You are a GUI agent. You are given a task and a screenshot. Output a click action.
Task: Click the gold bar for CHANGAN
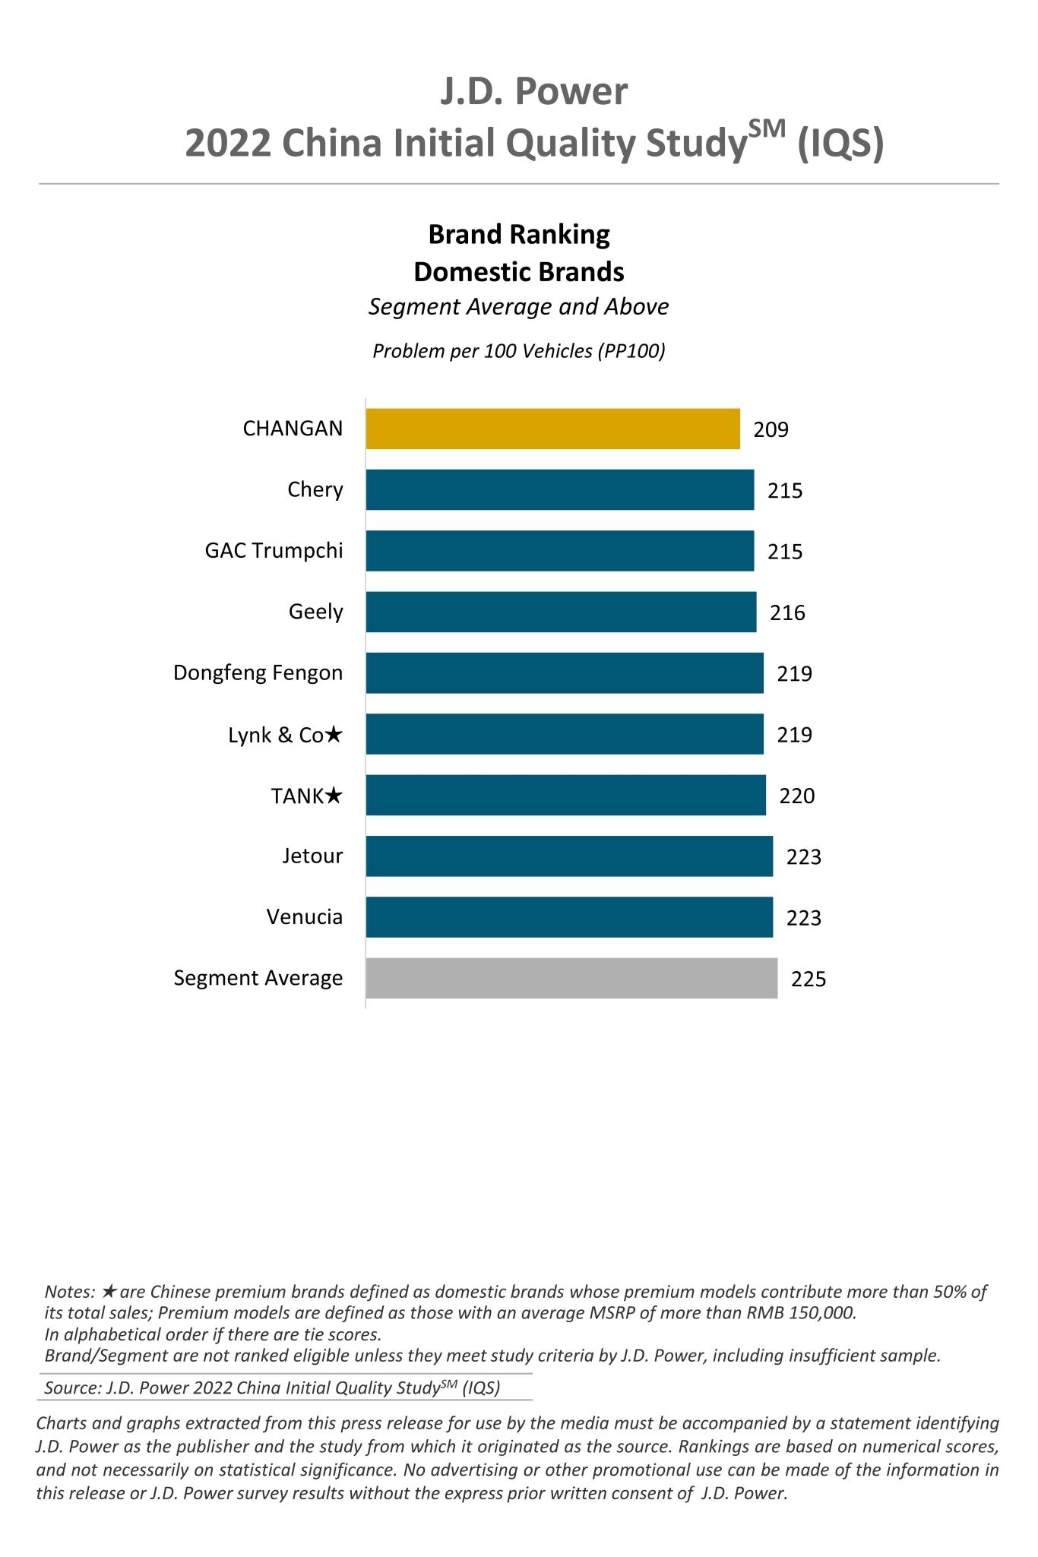click(x=552, y=429)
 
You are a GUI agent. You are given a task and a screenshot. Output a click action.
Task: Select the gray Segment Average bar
click(x=571, y=978)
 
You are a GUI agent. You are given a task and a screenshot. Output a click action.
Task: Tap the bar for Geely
click(x=561, y=612)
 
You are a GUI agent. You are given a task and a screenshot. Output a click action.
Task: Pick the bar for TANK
click(x=565, y=795)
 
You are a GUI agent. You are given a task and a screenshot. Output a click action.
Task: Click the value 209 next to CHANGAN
click(x=771, y=430)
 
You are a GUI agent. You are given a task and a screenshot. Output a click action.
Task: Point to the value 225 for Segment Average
click(x=808, y=979)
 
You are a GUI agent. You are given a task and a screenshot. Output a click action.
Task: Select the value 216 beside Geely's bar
click(x=787, y=613)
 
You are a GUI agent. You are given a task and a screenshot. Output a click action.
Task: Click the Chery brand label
click(x=315, y=490)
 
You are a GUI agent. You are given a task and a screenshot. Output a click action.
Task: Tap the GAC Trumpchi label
click(x=274, y=551)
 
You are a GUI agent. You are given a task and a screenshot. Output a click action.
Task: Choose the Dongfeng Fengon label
click(x=258, y=673)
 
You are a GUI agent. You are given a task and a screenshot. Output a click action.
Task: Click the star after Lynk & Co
click(x=334, y=735)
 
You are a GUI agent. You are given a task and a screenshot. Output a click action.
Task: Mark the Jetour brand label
click(x=312, y=856)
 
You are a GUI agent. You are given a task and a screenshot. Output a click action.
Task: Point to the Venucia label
click(x=304, y=917)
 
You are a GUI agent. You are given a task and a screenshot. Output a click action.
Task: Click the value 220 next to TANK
click(x=796, y=796)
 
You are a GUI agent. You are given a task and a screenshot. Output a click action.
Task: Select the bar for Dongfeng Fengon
click(x=565, y=673)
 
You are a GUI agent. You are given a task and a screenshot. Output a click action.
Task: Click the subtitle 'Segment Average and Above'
click(x=518, y=307)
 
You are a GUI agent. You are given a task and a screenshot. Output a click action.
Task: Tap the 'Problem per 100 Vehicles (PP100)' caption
click(x=518, y=352)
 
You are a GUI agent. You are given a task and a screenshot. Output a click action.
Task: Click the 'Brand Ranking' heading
click(x=519, y=235)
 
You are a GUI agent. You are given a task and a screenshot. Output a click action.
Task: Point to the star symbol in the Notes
click(x=109, y=1292)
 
